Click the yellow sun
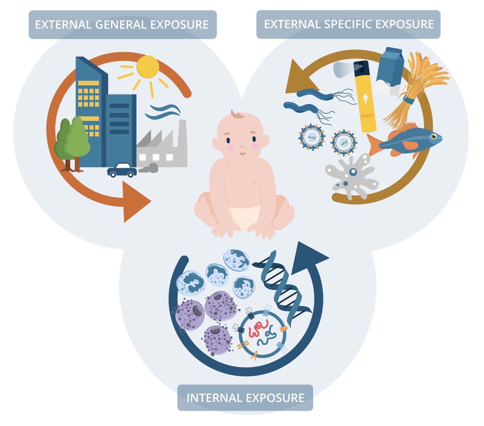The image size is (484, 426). click(147, 67)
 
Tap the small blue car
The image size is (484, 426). click(122, 170)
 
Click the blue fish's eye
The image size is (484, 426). click(434, 137)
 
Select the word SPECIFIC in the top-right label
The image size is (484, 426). click(348, 24)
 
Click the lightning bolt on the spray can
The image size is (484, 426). click(366, 99)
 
